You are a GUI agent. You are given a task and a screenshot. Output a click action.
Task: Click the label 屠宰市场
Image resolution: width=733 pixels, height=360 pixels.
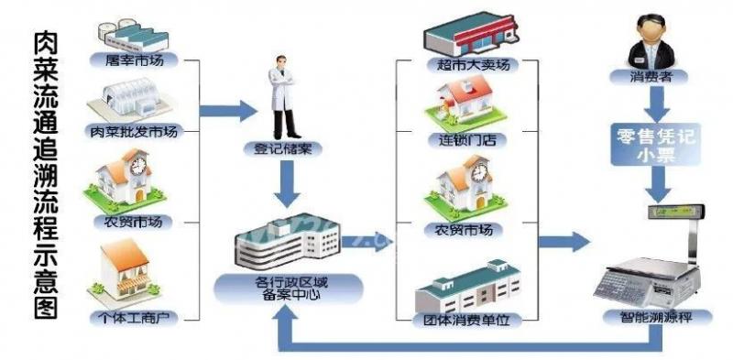point(133,60)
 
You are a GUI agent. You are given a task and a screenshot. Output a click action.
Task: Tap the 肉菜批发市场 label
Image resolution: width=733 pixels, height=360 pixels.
point(133,130)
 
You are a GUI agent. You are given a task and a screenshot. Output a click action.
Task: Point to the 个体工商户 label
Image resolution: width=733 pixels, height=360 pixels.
point(133,318)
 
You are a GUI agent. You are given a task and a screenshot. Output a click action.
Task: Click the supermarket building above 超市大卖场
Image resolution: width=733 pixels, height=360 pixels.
point(465,35)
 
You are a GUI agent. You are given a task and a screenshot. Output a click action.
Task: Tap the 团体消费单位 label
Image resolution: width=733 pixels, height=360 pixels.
point(465,320)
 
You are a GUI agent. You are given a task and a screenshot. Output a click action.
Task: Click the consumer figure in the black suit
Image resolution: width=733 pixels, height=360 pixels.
point(650,41)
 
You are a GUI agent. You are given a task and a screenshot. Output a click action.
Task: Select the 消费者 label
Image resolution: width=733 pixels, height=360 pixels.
point(650,78)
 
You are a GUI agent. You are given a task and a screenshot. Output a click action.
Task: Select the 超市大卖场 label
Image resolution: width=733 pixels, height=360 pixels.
point(465,65)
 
